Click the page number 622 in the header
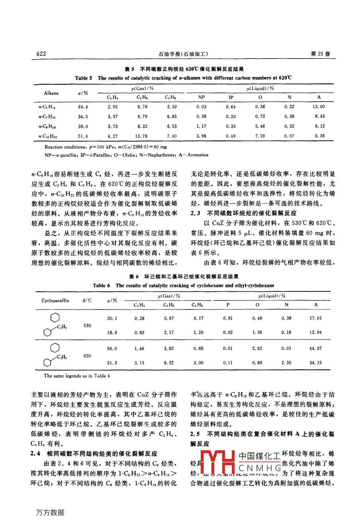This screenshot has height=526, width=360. pyautogui.click(x=41, y=54)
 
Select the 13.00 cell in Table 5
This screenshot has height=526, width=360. pyautogui.click(x=319, y=106)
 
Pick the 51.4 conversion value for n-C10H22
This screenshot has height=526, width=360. pyautogui.click(x=83, y=136)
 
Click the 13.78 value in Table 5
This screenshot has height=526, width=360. pyautogui.click(x=142, y=136)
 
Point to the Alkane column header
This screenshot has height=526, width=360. pyautogui.click(x=51, y=93)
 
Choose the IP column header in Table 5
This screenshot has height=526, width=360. pyautogui.click(x=231, y=97)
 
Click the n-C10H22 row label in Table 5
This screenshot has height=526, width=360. pyautogui.click(x=49, y=136)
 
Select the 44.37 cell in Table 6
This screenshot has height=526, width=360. pyautogui.click(x=315, y=348)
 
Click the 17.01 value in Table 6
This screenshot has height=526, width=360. pyautogui.click(x=315, y=318)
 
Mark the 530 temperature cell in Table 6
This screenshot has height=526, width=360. pyautogui.click(x=88, y=326)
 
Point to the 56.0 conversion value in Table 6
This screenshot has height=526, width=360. pyautogui.click(x=112, y=348)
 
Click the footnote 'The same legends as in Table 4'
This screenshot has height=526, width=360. pyautogui.click(x=77, y=375)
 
